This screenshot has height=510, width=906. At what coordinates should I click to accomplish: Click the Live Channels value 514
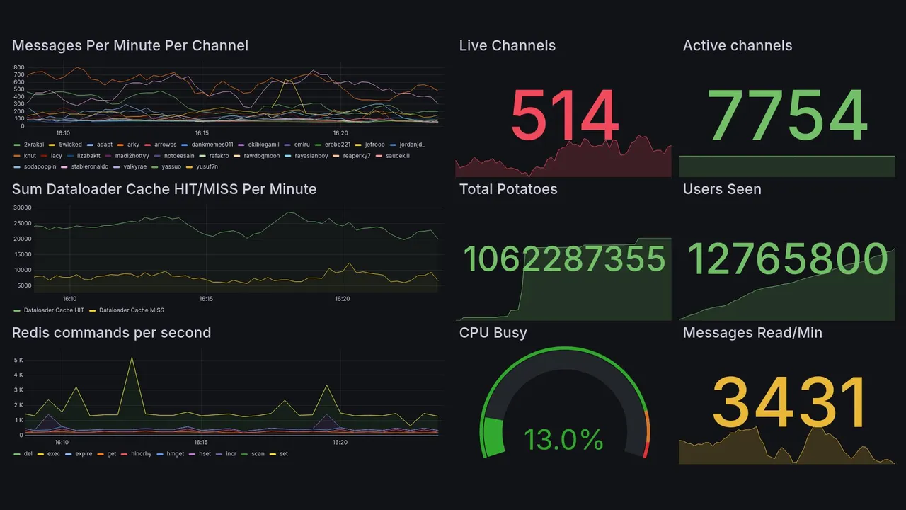coord(564,116)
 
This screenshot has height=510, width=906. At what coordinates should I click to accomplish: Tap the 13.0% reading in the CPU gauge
coord(563,440)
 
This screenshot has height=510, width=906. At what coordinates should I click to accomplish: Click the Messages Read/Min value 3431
coord(789,403)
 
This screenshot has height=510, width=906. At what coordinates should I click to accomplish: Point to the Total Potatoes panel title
coord(508,189)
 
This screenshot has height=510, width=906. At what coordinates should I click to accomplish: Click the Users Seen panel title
coord(722,189)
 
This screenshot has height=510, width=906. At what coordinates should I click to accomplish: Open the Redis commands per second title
coord(111,333)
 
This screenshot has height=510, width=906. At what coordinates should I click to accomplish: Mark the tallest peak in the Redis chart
coord(132,358)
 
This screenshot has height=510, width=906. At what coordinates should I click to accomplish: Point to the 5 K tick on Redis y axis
coord(19,361)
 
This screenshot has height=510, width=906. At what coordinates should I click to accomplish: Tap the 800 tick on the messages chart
coord(19,67)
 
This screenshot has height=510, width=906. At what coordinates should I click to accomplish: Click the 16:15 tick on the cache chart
coord(206,299)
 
